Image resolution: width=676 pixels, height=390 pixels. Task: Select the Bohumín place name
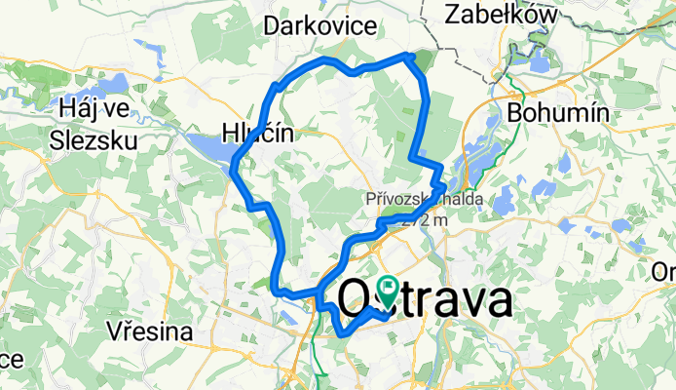tap(559, 113)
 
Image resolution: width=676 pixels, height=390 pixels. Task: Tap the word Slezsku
tap(95, 138)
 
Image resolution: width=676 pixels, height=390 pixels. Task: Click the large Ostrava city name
tap(425, 300)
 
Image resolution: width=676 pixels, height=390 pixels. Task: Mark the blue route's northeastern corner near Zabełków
tap(412, 56)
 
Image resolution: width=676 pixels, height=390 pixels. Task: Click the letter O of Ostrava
tap(356, 300)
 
